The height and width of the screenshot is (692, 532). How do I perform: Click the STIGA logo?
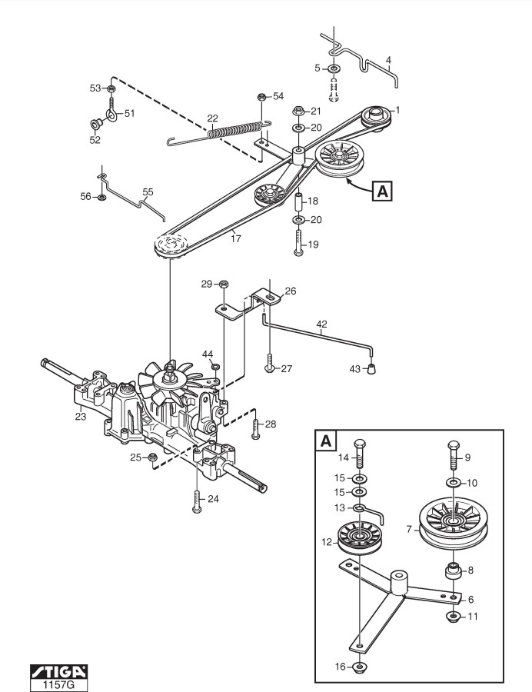[58, 671]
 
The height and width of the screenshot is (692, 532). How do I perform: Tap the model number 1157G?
[58, 685]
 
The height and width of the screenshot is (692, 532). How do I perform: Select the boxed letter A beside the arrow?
[382, 191]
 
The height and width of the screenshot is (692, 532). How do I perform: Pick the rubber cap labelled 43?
[372, 368]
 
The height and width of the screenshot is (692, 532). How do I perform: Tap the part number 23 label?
[80, 416]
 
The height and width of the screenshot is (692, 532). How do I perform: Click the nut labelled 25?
[153, 457]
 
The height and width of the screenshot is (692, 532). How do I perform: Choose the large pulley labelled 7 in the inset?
[453, 524]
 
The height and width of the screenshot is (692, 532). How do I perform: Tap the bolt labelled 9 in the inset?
[454, 454]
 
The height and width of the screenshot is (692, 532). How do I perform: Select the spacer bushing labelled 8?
[453, 572]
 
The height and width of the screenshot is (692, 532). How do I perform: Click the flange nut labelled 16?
[360, 666]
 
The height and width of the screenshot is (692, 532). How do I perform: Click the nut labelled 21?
[298, 111]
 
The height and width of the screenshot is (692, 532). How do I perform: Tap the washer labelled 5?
[334, 68]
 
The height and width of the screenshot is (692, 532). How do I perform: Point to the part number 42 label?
[321, 324]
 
